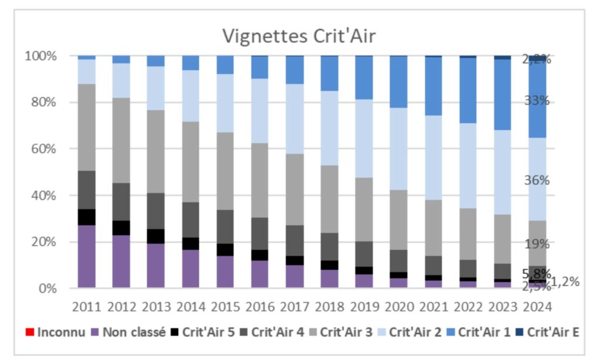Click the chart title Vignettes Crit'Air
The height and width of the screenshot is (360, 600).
[298, 36]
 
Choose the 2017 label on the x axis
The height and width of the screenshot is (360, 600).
[295, 305]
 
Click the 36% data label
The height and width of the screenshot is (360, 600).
[537, 181]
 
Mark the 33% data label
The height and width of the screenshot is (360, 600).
[537, 100]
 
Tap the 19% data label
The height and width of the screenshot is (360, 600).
[537, 244]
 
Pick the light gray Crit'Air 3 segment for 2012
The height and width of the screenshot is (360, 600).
[121, 140]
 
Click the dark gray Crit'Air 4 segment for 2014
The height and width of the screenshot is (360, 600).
[190, 220]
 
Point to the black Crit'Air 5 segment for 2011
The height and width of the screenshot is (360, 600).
[87, 217]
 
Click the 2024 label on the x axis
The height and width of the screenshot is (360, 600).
[537, 305]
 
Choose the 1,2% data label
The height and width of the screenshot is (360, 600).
[565, 281]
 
